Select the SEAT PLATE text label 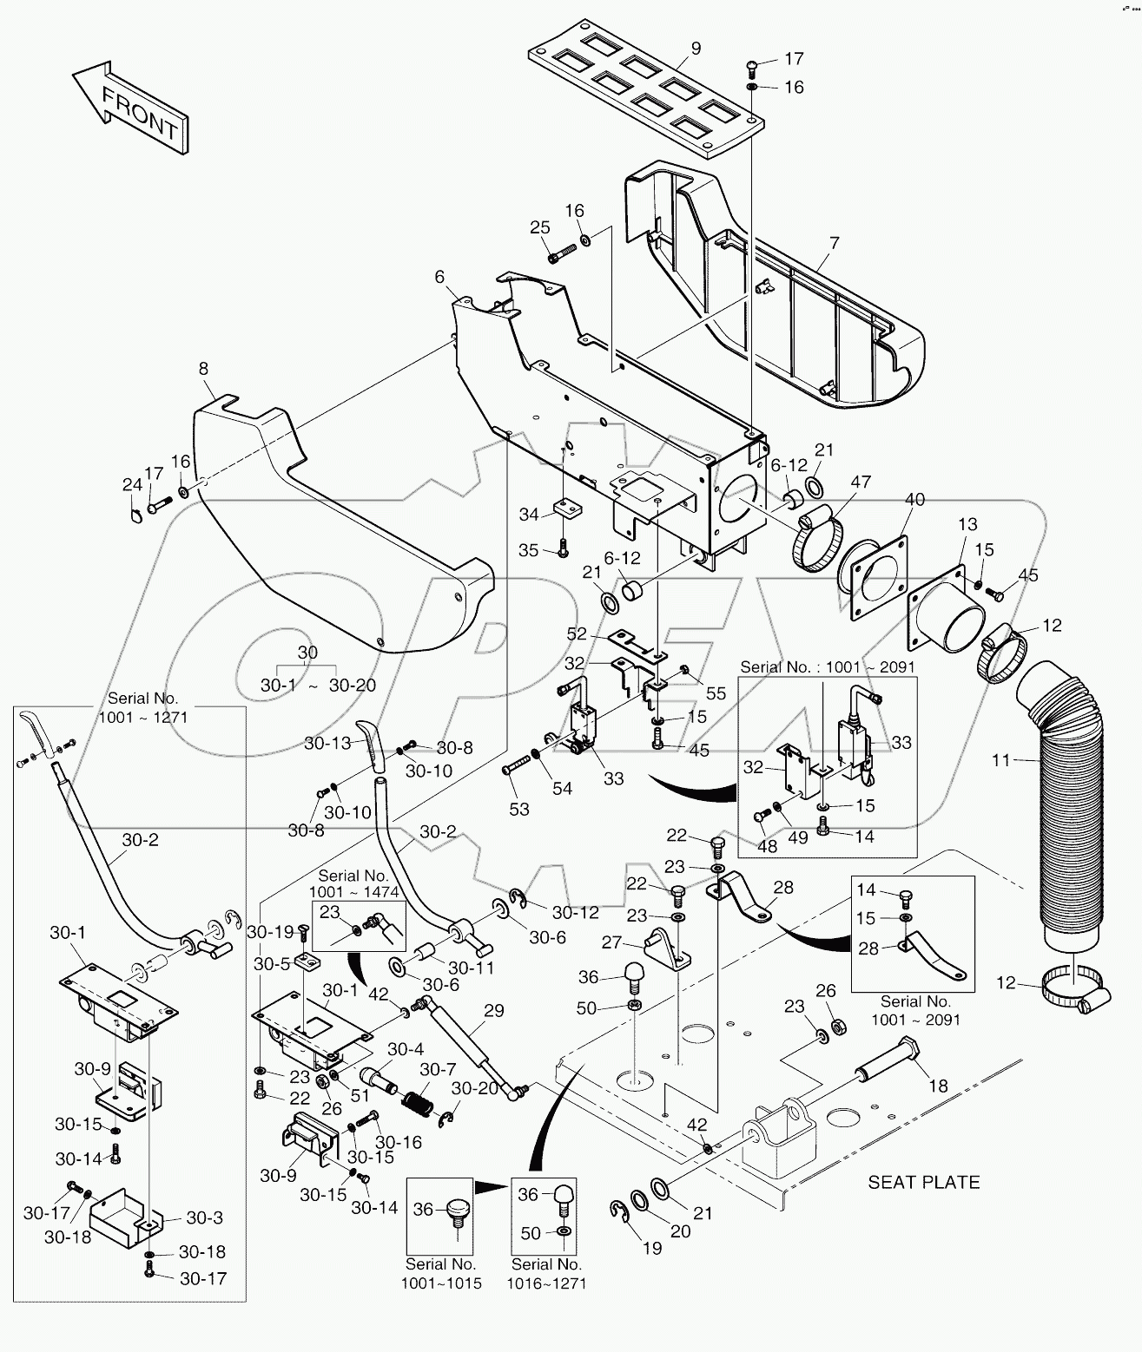(x=923, y=1182)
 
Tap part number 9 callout (x=696, y=49)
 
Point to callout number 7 (x=834, y=243)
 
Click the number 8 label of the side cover (x=203, y=369)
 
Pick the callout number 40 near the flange (x=914, y=500)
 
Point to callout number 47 (x=860, y=482)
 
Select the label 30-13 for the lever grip (x=327, y=743)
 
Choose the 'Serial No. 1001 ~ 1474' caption (x=353, y=883)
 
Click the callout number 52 (x=577, y=634)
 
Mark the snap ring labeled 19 (x=622, y=1213)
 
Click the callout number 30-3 (x=205, y=1217)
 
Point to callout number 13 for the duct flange (x=967, y=524)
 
